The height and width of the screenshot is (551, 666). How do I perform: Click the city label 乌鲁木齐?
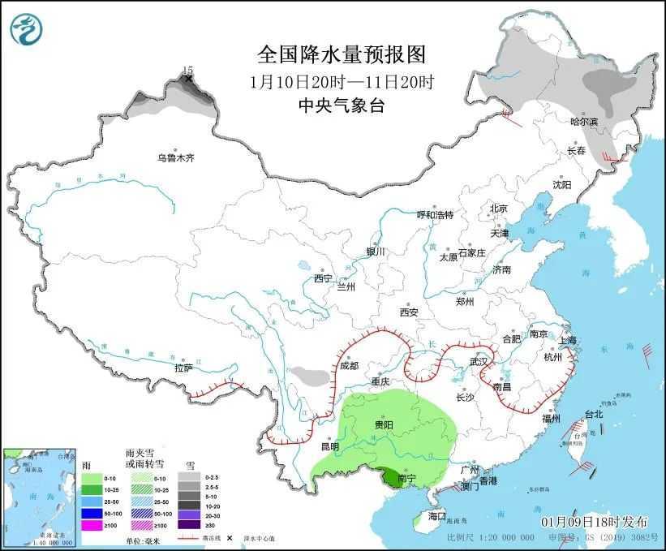point(176,158)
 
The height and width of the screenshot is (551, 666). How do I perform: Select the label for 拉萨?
point(183,368)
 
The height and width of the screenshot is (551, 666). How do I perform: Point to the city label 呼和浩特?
point(435,215)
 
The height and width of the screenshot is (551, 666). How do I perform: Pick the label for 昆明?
point(329,446)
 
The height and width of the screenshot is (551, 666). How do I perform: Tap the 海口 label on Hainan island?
point(437,516)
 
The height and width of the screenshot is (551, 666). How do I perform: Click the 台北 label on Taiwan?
point(594,414)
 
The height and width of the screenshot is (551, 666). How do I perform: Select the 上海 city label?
point(567,339)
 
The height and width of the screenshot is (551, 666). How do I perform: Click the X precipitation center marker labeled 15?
point(189,79)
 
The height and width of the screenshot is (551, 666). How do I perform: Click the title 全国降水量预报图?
point(342,54)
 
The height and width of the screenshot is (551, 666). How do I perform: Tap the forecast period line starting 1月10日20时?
point(342,81)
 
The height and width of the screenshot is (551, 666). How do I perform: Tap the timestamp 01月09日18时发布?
point(585,520)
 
